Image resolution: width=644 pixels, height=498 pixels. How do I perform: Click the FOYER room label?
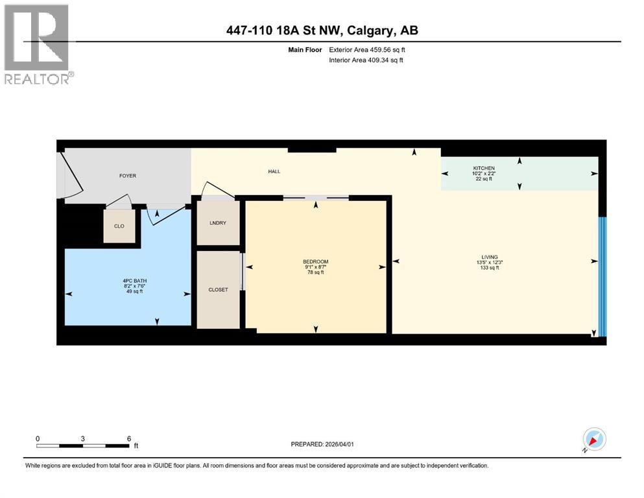coord(128,176)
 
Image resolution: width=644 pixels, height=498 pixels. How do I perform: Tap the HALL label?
coord(274,172)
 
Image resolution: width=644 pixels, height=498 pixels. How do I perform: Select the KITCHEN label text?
coord(483,169)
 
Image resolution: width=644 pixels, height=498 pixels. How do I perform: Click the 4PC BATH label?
coord(132,281)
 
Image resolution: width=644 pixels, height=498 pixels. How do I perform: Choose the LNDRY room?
coord(218,223)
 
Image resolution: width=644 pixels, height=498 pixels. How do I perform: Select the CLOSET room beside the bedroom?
coord(218,289)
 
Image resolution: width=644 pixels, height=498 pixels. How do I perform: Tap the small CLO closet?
coord(119,226)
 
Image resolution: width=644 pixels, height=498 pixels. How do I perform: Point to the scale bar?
coord(82,445)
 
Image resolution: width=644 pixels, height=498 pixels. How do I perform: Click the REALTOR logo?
coord(37,44)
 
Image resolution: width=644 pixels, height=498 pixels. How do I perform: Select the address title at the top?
coord(322,30)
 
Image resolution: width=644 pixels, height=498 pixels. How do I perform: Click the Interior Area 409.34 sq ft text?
coord(366,60)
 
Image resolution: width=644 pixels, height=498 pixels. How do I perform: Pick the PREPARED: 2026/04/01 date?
coord(322,444)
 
